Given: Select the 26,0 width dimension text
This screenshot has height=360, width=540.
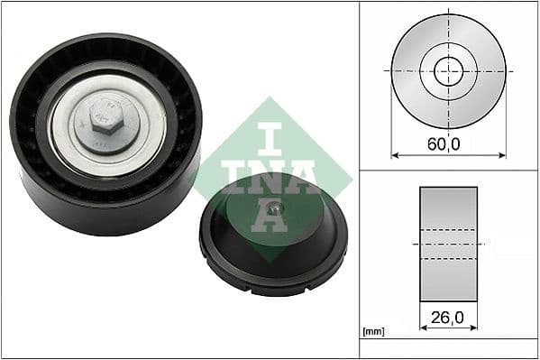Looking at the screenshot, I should point(448,317).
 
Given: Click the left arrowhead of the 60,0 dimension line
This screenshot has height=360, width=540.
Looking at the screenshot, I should point(394,155).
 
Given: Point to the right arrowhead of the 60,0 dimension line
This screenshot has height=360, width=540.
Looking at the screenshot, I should point(502,155).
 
